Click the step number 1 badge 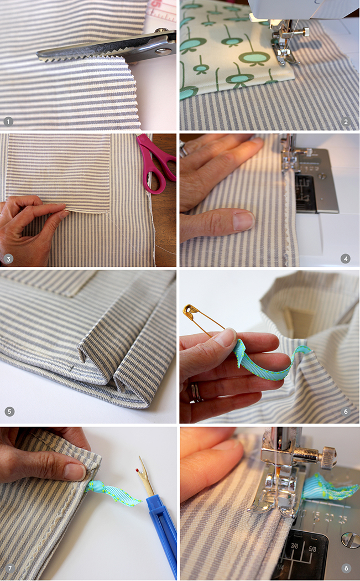pos(8,122)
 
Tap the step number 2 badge pos(346,122)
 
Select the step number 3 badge pos(8,259)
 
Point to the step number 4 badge pos(346,258)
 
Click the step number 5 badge pos(9,411)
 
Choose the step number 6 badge pos(346,411)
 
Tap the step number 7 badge pos(9,568)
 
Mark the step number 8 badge pos(346,568)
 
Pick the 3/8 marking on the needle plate pos(294,546)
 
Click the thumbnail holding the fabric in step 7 pos(75,472)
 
